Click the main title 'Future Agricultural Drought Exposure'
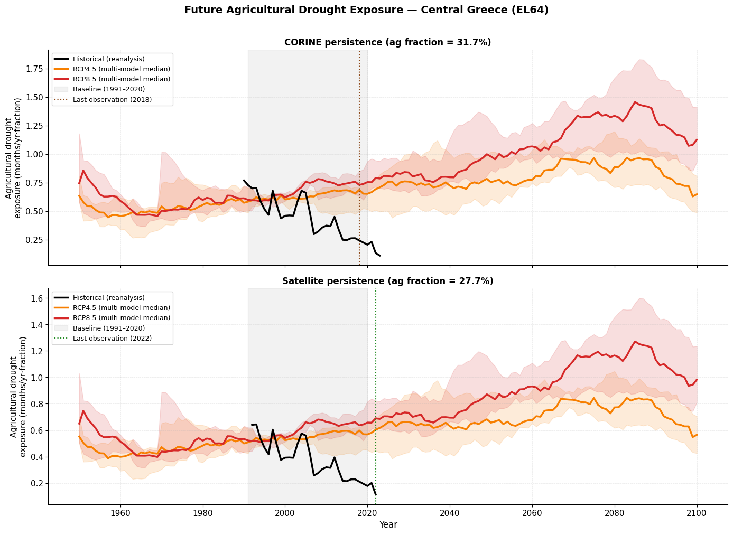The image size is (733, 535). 366,10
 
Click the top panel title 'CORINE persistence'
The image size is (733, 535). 387,42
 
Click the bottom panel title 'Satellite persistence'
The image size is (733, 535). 387,281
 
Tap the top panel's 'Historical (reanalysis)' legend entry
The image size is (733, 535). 108,59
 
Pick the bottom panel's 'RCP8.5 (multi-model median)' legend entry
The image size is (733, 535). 121,318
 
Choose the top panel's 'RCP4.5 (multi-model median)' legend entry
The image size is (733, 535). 121,69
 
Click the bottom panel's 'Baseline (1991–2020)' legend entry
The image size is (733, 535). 109,328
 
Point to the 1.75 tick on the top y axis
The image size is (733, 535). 33,69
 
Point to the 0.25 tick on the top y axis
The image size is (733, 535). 33,240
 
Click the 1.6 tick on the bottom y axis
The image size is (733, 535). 36,298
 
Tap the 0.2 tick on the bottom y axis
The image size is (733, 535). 36,484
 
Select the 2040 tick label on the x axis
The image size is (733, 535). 450,513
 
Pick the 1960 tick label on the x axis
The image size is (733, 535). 120,513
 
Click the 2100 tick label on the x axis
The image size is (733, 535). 697,513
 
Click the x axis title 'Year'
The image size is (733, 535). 388,525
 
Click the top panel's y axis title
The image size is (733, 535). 14,157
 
